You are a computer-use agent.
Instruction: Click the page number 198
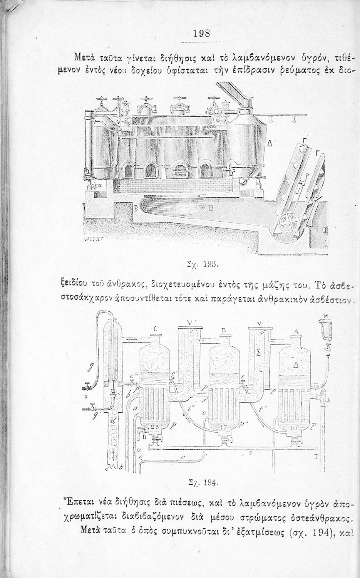(x=201, y=33)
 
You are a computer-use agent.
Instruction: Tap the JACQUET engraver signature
(x=92, y=239)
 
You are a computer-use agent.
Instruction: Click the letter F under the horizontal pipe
(x=250, y=454)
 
